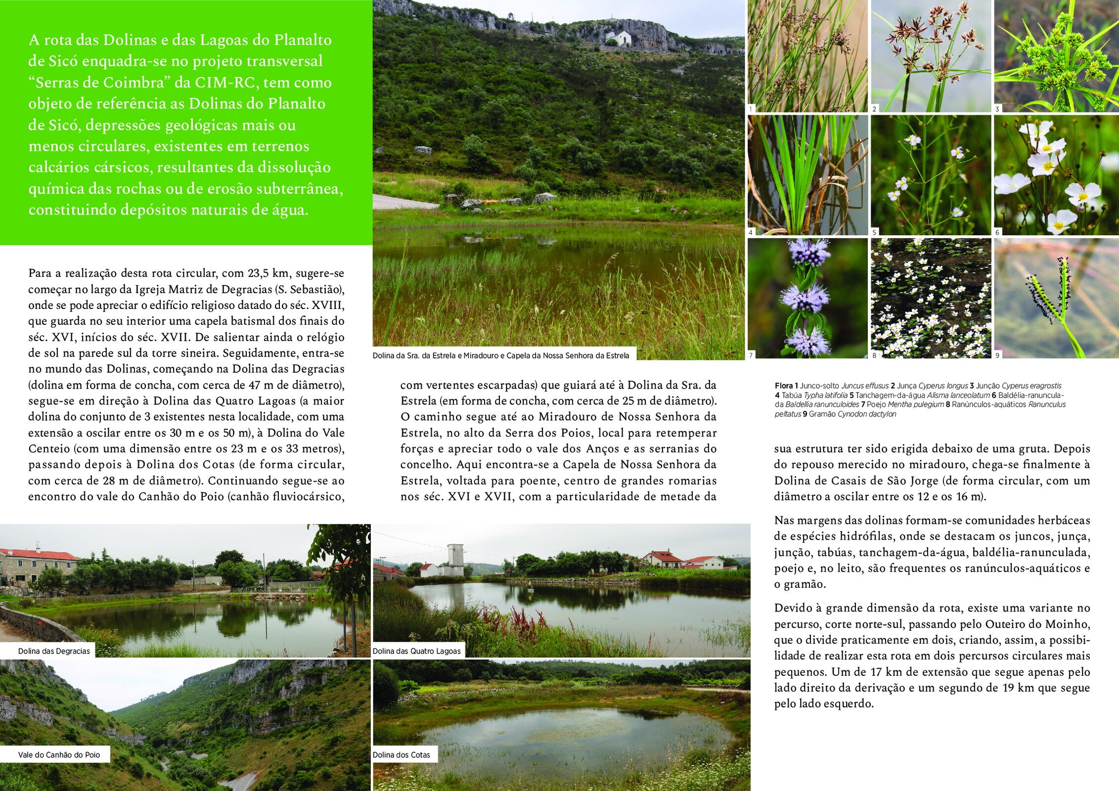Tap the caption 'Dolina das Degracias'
coord(54,651)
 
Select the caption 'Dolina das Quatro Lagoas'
coord(416,651)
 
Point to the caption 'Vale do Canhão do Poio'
coord(59,755)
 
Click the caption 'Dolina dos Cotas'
coord(402,755)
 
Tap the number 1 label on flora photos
coord(751,109)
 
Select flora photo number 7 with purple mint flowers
coord(807,298)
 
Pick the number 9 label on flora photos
coord(997,355)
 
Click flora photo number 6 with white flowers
coord(1055,175)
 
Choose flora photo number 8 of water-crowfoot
coord(931,298)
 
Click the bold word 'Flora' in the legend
coord(784,386)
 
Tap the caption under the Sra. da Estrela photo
coord(501,355)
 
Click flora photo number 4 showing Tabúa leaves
coord(807,175)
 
